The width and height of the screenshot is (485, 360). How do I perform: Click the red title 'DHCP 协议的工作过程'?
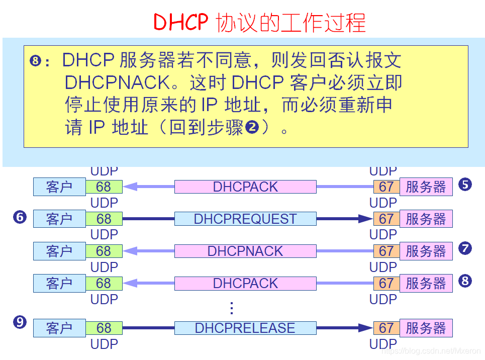tap(259, 23)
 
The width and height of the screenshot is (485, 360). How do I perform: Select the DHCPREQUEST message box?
tap(245, 219)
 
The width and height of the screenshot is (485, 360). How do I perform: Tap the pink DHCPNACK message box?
tap(245, 251)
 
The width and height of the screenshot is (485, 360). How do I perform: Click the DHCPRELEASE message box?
tap(245, 328)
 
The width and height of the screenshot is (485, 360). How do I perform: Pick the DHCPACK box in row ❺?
tap(245, 187)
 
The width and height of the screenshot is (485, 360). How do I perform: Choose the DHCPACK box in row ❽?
tap(245, 284)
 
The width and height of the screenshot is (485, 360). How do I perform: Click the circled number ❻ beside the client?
tap(20, 218)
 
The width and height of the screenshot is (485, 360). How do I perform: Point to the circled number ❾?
tap(20, 322)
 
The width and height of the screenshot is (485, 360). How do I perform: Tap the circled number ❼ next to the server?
tap(465, 248)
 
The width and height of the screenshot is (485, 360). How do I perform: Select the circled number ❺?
tap(465, 185)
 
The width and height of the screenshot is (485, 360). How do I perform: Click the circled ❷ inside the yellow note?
tap(252, 127)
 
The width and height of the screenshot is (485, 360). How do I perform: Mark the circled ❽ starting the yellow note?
tap(35, 62)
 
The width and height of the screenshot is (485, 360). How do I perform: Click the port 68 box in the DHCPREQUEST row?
tap(104, 219)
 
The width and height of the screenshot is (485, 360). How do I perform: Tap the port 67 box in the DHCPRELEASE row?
tap(386, 328)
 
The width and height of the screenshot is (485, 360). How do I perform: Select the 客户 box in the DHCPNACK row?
tap(59, 251)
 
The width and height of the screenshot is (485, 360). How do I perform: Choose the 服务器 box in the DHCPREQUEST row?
tap(426, 219)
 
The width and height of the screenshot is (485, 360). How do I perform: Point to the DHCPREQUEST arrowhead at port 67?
tap(366, 219)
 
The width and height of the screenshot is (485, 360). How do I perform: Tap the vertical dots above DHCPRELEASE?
tap(232, 308)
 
